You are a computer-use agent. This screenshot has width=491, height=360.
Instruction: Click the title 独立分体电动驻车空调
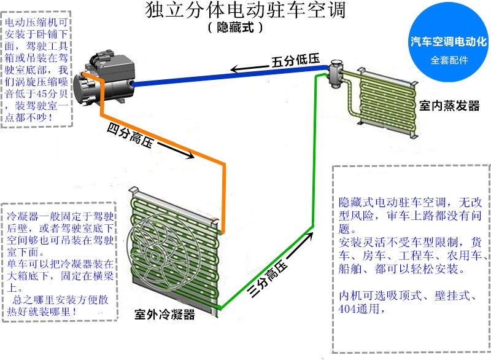245,11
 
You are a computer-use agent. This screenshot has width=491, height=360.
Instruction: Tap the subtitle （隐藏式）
236,28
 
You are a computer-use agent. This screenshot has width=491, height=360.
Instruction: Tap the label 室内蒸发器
449,106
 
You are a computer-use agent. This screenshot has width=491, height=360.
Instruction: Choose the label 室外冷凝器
164,315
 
